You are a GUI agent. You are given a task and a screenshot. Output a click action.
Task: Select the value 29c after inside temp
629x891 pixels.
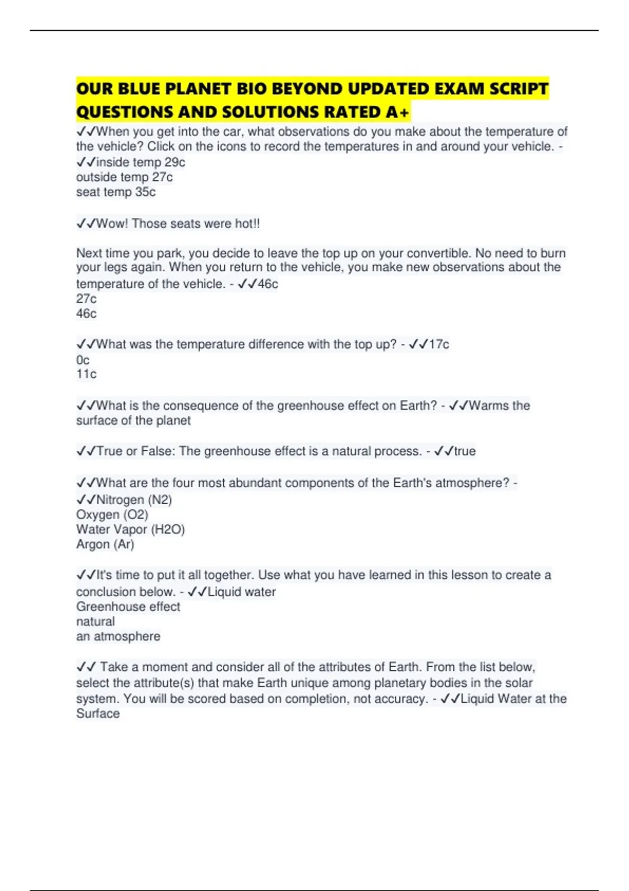[175, 162]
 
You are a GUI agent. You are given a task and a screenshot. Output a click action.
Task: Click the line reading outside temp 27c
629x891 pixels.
[124, 177]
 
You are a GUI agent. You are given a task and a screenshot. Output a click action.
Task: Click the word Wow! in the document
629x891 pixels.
[112, 224]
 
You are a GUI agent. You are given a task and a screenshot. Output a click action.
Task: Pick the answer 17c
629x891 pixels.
[439, 344]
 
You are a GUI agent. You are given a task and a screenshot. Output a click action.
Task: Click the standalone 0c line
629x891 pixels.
[83, 360]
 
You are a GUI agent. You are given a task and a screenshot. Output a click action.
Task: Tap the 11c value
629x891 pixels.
[86, 374]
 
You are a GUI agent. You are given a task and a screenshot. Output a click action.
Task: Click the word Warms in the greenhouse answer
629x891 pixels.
[489, 406]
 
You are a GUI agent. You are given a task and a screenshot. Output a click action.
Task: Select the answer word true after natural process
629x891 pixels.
[465, 451]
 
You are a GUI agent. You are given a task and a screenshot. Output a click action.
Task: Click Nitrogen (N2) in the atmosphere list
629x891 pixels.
[134, 499]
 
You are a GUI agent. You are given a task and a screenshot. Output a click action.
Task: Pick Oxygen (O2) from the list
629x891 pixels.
[112, 515]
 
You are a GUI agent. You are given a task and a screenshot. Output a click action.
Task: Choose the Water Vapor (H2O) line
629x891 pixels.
[131, 529]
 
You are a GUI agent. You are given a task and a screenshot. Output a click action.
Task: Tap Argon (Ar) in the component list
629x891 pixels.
[105, 545]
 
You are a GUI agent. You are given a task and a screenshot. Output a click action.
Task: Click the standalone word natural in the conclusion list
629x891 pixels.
[95, 622]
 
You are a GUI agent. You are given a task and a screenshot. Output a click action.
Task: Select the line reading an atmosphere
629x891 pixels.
[118, 636]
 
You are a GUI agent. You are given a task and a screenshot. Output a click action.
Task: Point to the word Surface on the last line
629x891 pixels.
[98, 713]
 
